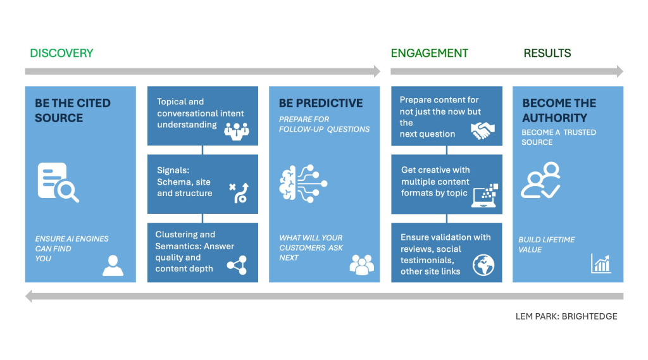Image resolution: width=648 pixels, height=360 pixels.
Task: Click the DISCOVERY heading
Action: [x=61, y=53]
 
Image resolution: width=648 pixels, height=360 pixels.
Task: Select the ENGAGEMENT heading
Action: [x=430, y=53]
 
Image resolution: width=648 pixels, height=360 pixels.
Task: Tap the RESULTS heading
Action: [x=547, y=53]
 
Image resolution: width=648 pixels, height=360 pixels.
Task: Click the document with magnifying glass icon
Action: [x=58, y=182]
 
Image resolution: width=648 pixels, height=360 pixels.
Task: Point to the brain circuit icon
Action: [x=303, y=183]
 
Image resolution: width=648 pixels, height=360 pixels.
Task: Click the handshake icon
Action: [x=483, y=130]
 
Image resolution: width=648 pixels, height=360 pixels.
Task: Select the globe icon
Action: [x=483, y=265]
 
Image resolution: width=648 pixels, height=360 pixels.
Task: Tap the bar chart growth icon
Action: [x=601, y=263]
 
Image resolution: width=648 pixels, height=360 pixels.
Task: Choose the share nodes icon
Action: [x=237, y=265]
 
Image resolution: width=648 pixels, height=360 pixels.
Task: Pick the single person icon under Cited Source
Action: [x=113, y=265]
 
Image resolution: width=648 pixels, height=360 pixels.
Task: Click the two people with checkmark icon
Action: [x=540, y=180]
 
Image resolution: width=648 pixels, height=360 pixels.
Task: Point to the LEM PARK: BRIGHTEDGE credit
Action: [x=566, y=316]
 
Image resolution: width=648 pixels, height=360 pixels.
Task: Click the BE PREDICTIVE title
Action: [x=321, y=103]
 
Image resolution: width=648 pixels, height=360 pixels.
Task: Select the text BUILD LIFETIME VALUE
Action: [x=546, y=245]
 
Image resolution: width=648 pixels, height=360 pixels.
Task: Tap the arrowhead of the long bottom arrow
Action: [x=28, y=296]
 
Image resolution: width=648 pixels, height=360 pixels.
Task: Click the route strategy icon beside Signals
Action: [x=239, y=192]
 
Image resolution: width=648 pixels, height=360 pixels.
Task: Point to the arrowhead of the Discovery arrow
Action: [x=377, y=71]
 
